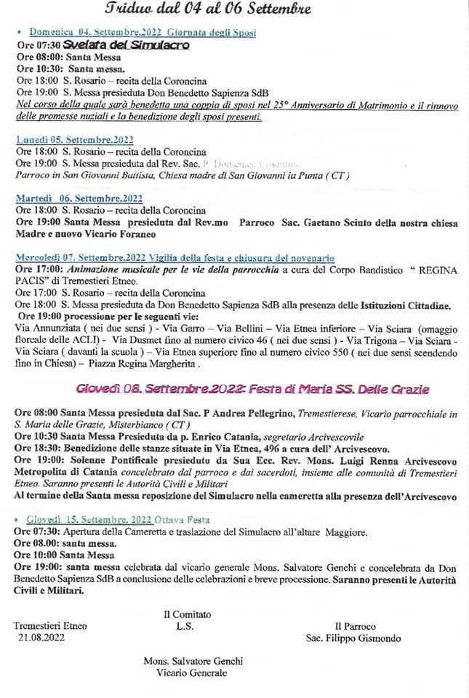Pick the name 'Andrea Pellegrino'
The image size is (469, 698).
coord(249,414)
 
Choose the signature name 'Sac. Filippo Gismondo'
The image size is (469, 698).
coord(353,638)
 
